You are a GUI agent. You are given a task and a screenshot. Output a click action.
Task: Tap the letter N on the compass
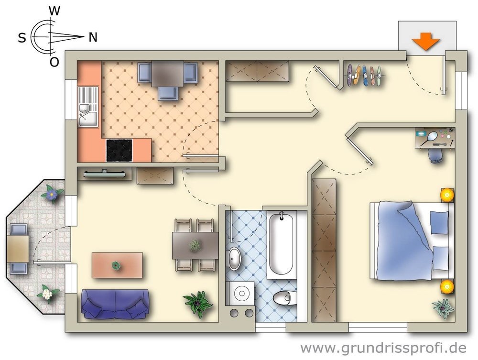point(93,37)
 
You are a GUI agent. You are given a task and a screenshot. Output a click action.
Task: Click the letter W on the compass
point(54,11)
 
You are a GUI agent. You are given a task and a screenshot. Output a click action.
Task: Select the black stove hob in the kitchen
point(119,150)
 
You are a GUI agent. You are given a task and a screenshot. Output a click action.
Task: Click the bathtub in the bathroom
point(282,244)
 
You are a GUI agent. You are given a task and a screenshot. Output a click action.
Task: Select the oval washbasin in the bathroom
point(234,259)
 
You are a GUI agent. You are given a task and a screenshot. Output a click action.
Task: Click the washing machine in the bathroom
point(240,293)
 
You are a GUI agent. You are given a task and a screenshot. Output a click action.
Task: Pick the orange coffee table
point(118,265)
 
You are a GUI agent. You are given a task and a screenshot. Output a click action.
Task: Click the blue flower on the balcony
point(52,194)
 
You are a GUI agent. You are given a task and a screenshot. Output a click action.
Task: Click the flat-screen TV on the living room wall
point(104,174)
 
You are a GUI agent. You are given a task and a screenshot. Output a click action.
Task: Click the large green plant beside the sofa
point(198,304)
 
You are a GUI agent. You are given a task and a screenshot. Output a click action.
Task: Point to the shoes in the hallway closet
point(364,76)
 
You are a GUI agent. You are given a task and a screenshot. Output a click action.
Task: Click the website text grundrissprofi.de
point(383,348)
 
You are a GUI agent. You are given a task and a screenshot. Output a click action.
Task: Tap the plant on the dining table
point(195,246)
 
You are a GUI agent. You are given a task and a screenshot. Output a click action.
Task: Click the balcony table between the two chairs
point(18,249)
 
